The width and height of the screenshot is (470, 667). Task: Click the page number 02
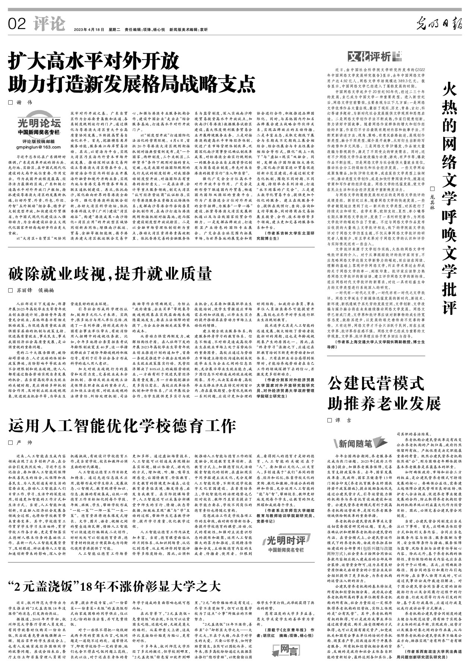click(17, 24)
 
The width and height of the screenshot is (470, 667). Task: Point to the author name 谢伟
click(25, 102)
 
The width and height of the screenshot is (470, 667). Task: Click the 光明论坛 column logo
click(39, 123)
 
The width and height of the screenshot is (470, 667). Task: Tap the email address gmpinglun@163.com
click(39, 147)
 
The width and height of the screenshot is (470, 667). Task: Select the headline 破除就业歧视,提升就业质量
click(110, 274)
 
